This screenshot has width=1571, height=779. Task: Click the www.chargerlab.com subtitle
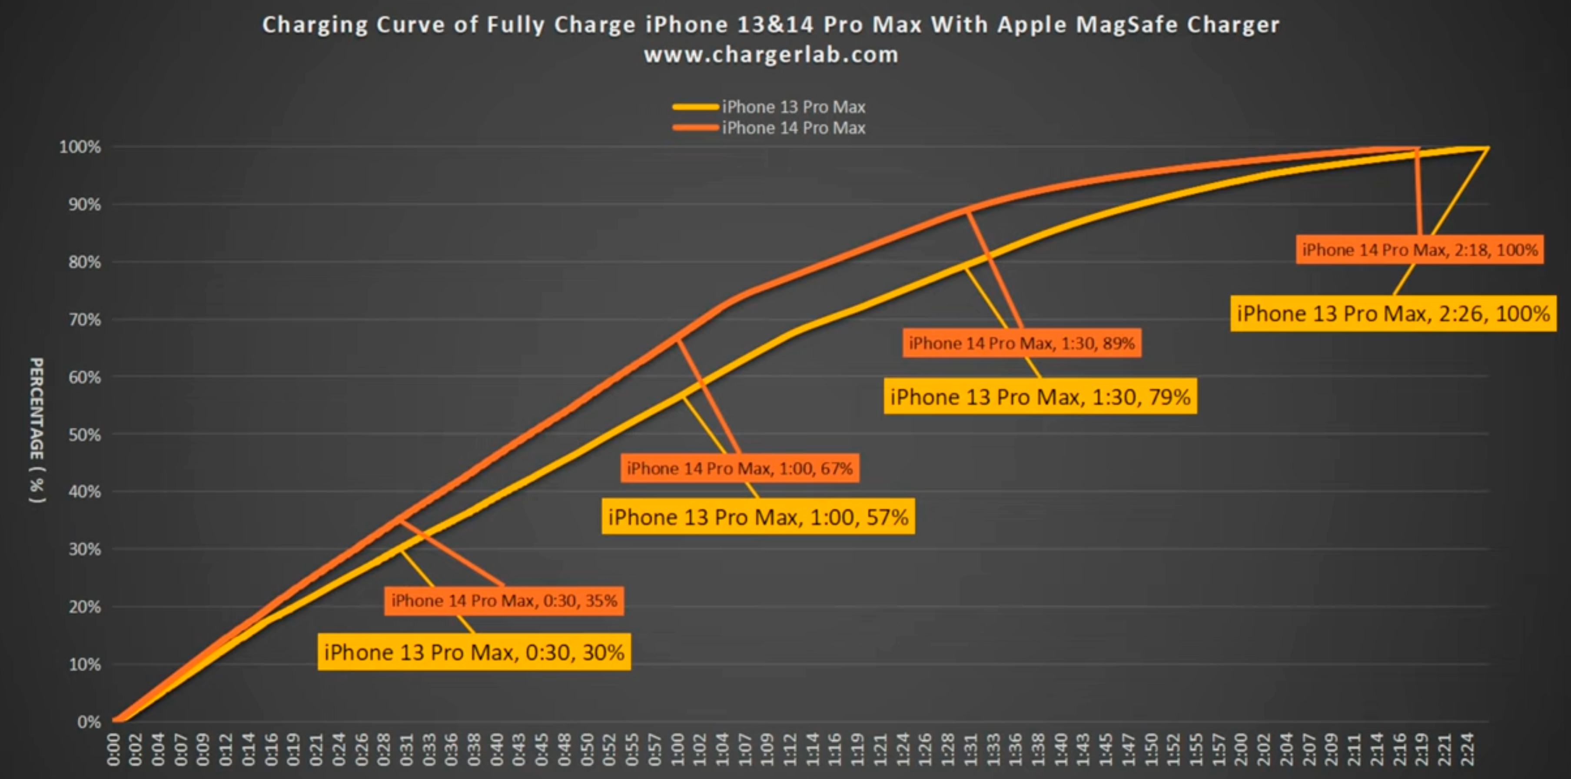click(771, 55)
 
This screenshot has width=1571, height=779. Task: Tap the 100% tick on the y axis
click(80, 147)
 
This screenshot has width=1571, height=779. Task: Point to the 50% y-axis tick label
click(84, 435)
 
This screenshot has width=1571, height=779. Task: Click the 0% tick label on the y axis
click(89, 722)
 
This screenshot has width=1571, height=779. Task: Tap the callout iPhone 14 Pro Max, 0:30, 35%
click(504, 601)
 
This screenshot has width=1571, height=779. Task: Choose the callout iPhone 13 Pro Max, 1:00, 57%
click(758, 517)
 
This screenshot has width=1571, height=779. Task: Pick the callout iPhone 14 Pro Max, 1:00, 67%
click(740, 469)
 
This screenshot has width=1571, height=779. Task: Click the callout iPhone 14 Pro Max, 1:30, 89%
click(1022, 343)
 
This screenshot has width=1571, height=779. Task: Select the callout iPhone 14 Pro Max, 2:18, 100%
click(1420, 250)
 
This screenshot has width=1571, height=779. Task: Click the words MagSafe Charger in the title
click(1177, 25)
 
